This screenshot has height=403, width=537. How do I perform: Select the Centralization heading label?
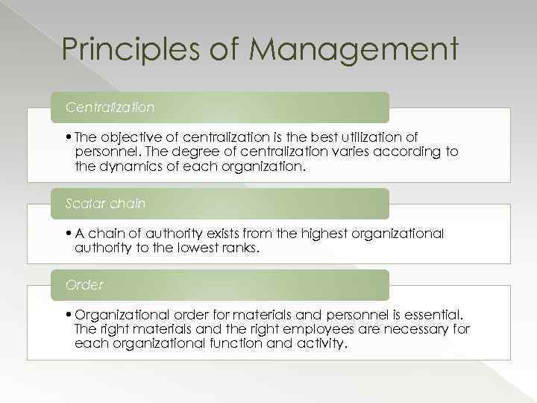tap(110, 107)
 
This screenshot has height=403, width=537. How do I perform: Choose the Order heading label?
tap(84, 284)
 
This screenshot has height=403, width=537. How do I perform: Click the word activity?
tap(320, 343)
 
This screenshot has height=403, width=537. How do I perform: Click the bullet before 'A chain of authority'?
tap(68, 233)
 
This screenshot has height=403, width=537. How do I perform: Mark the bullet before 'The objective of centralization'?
tap(68, 137)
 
